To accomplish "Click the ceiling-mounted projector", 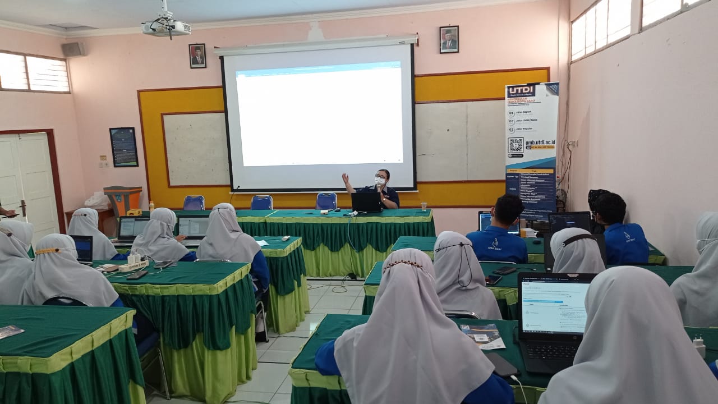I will click(166, 27).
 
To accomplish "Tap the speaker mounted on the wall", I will click(73, 49).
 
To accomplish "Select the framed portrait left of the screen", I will click(197, 56).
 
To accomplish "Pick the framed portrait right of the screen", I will click(449, 39).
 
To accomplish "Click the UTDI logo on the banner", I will click(521, 91).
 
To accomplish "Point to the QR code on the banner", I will click(516, 145).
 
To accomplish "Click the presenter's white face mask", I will click(380, 181).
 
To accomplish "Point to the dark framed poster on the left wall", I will click(123, 147).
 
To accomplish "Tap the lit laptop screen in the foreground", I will click(554, 306).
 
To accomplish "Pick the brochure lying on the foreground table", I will click(482, 335).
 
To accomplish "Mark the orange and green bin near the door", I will click(123, 199).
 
